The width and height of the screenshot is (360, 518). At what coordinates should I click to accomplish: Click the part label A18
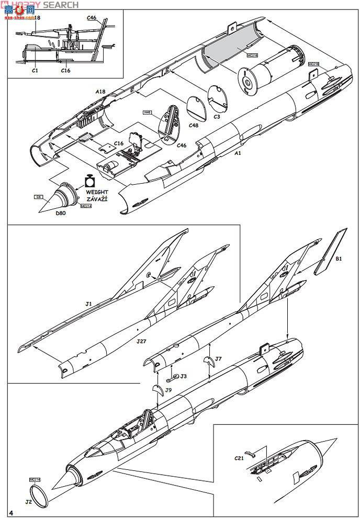100,91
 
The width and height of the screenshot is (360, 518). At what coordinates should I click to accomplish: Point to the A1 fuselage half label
238,153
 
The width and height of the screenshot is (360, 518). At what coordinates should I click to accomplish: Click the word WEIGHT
98,193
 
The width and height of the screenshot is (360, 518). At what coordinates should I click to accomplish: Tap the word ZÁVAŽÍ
98,199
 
